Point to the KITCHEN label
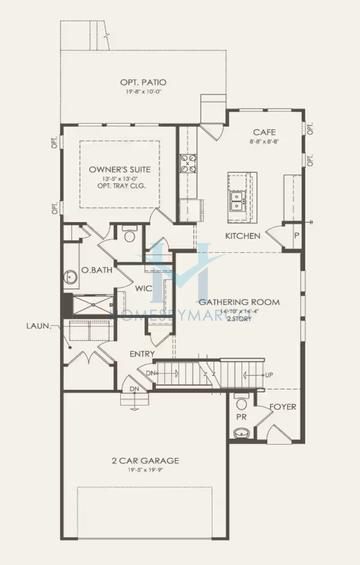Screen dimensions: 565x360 click(x=243, y=236)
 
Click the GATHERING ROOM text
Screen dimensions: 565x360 click(x=239, y=300)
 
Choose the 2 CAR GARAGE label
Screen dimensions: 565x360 click(x=145, y=460)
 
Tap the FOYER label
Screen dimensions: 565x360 click(x=283, y=407)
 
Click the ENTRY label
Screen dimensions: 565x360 click(x=142, y=354)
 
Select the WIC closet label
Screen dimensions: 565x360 click(x=143, y=290)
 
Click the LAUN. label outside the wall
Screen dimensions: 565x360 click(x=38, y=326)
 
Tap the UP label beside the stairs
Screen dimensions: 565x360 click(x=295, y=375)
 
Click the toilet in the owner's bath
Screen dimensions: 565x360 click(x=128, y=234)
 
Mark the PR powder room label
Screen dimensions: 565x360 click(x=242, y=415)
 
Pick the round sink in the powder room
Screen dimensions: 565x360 click(x=241, y=432)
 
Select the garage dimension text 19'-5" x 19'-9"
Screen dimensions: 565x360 click(x=145, y=471)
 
